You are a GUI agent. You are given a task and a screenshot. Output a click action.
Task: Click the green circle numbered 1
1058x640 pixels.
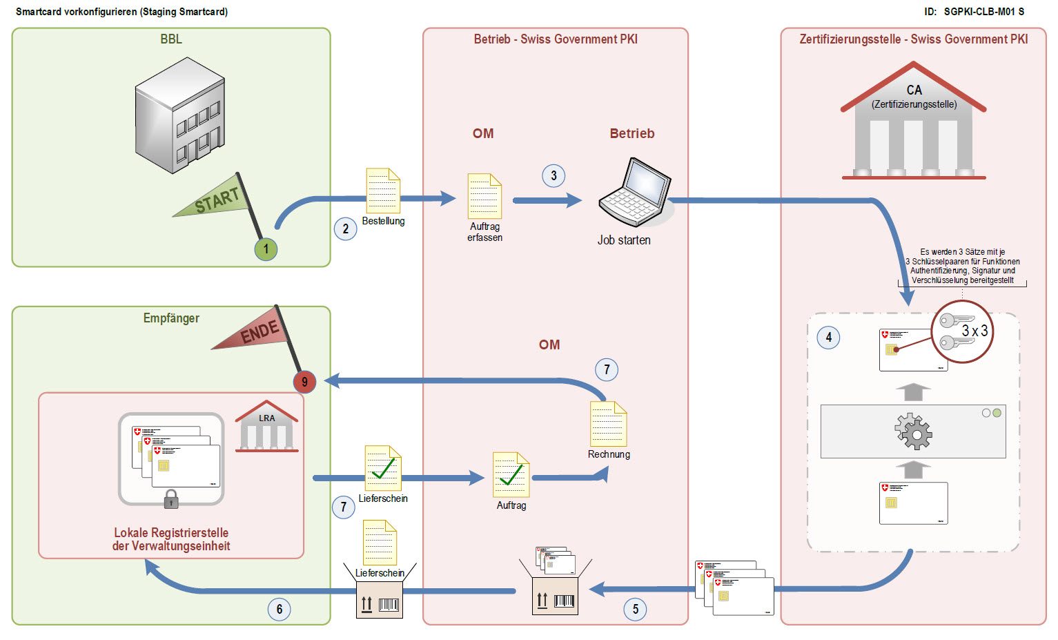pyautogui.click(x=266, y=249)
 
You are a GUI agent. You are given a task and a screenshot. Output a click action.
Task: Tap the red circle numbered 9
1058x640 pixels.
pyautogui.click(x=304, y=382)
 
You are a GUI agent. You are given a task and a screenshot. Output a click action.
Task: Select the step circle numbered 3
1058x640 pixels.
pyautogui.click(x=554, y=176)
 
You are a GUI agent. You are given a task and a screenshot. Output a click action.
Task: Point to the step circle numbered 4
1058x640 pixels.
pyautogui.click(x=828, y=338)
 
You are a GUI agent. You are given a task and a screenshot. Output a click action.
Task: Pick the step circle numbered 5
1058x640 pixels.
pyautogui.click(x=635, y=609)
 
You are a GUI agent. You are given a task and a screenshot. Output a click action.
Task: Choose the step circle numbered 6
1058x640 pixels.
pyautogui.click(x=279, y=609)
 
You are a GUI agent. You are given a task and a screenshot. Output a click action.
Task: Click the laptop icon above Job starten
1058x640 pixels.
pyautogui.click(x=634, y=193)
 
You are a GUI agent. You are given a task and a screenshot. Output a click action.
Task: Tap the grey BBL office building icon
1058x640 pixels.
pyautogui.click(x=180, y=115)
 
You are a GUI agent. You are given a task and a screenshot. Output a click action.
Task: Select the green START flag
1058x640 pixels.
pyautogui.click(x=215, y=200)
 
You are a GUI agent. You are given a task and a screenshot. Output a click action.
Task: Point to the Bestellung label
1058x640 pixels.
pyautogui.click(x=383, y=221)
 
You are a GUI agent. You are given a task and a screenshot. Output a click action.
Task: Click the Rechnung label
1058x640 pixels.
pyautogui.click(x=609, y=454)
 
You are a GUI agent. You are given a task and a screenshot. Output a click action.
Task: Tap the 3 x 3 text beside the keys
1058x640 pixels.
pyautogui.click(x=974, y=331)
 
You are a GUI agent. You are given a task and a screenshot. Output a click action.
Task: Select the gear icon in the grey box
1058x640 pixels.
pyautogui.click(x=913, y=431)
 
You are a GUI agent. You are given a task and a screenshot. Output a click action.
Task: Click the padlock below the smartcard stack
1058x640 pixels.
pyautogui.click(x=171, y=499)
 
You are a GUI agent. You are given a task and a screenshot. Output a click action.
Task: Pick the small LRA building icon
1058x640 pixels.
pyautogui.click(x=267, y=427)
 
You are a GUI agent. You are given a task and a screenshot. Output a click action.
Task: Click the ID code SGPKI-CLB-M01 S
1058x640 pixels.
pyautogui.click(x=983, y=12)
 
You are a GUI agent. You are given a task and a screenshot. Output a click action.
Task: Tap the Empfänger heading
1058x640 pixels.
pyautogui.click(x=171, y=318)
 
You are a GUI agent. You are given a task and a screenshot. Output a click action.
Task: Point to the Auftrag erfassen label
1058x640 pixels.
pyautogui.click(x=484, y=232)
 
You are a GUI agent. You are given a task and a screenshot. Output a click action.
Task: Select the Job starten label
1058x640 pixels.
pyautogui.click(x=624, y=240)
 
